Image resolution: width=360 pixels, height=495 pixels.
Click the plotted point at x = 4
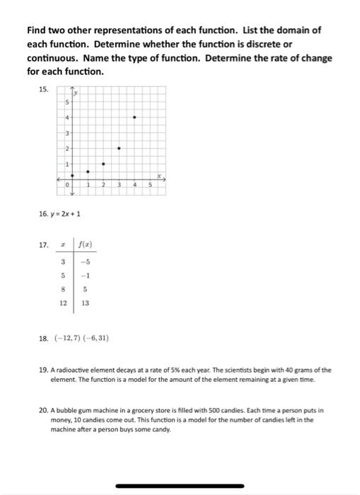coord(134,117)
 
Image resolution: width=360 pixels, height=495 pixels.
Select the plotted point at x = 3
coord(119,148)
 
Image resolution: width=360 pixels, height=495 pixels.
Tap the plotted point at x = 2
coord(103,164)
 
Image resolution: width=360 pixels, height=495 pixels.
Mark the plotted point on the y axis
coord(72,176)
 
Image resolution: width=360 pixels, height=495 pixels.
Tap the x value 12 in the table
coord(64,303)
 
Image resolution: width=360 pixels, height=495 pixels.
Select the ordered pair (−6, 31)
coord(95,338)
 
